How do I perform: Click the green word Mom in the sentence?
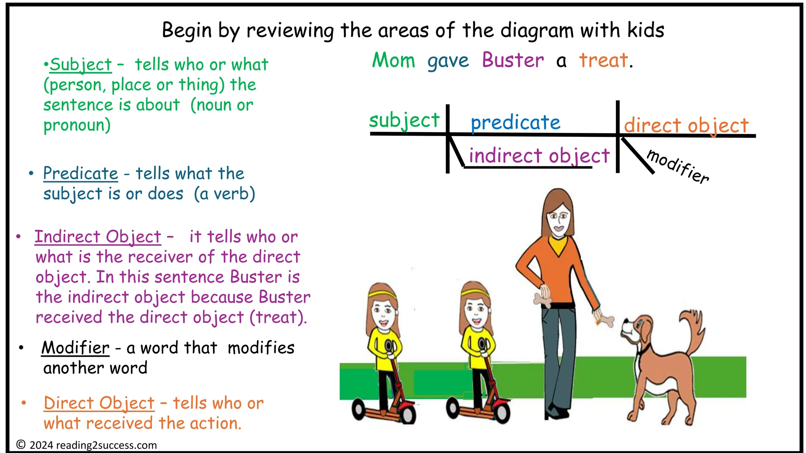[394, 61]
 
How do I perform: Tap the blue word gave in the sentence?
[448, 61]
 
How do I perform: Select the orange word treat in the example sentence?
[603, 61]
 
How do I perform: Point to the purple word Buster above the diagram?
[513, 61]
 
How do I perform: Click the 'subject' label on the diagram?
[404, 120]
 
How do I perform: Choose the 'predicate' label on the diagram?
[516, 123]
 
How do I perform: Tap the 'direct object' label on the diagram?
[686, 126]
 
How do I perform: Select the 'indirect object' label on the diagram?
[539, 156]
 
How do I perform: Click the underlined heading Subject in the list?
[81, 65]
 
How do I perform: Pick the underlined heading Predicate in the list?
[81, 173]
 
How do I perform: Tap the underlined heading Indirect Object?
[98, 237]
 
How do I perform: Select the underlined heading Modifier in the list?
[76, 348]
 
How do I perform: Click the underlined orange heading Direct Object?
[99, 403]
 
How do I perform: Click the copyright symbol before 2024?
[21, 445]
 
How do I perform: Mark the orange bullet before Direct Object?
[24, 403]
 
